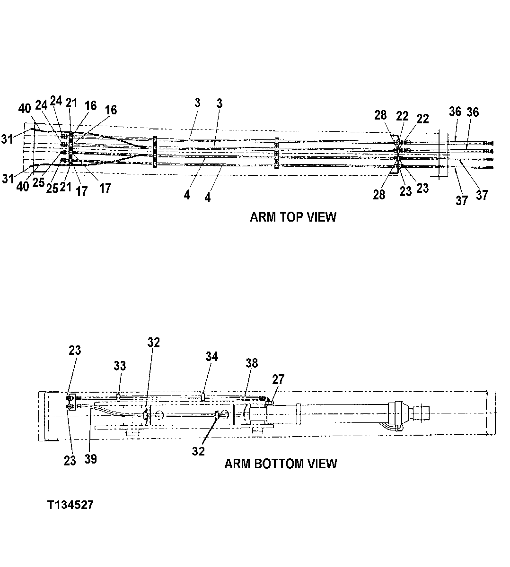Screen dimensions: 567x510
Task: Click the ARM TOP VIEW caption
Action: pyautogui.click(x=293, y=217)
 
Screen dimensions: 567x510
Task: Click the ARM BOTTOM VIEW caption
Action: pyautogui.click(x=281, y=463)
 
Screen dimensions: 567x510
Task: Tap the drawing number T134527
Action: pyautogui.click(x=70, y=505)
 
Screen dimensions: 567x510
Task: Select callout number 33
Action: pyautogui.click(x=120, y=365)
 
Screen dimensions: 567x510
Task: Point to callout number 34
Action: pyautogui.click(x=211, y=356)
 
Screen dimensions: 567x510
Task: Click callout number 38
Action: pyautogui.click(x=252, y=362)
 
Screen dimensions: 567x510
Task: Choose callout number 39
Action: pyautogui.click(x=90, y=458)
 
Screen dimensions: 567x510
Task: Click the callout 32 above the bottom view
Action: pyautogui.click(x=153, y=343)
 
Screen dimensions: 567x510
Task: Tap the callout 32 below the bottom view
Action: pyautogui.click(x=198, y=451)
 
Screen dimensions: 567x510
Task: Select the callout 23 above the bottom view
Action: pyautogui.click(x=75, y=350)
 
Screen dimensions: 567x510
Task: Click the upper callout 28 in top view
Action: pyautogui.click(x=380, y=115)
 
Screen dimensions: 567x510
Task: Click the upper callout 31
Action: pyautogui.click(x=7, y=139)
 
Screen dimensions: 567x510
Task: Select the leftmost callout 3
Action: pyautogui.click(x=197, y=103)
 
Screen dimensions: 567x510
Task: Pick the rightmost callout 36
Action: pyautogui.click(x=473, y=112)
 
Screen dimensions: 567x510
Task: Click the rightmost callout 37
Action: pyautogui.click(x=482, y=194)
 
